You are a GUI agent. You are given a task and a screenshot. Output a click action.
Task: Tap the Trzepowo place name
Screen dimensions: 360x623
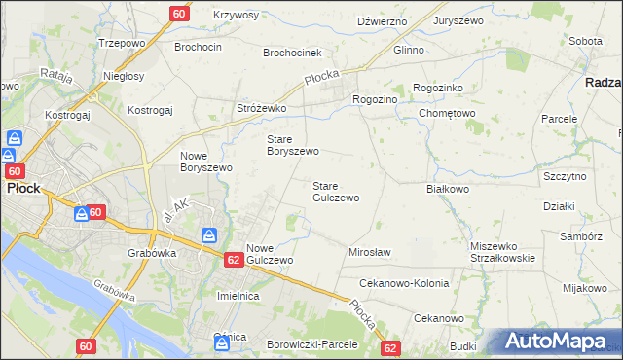[122, 44]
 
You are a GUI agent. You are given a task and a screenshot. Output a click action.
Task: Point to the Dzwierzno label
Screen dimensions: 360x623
[381, 20]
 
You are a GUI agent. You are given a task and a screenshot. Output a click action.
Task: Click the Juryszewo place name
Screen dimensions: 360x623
[460, 20]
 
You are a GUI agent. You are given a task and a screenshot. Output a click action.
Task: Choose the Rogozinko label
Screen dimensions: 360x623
[443, 88]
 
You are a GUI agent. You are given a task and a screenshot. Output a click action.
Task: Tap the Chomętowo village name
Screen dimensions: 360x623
[447, 113]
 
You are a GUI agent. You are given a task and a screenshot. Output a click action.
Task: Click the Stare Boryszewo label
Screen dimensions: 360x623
[293, 145]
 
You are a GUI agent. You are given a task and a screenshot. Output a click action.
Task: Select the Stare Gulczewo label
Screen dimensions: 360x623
[336, 191]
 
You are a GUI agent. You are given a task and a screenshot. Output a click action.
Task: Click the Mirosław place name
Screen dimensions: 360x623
[369, 252]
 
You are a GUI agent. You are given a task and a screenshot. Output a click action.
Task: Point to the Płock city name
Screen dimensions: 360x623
[22, 189]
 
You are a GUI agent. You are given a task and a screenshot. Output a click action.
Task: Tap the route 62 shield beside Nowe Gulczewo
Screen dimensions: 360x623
[233, 260]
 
